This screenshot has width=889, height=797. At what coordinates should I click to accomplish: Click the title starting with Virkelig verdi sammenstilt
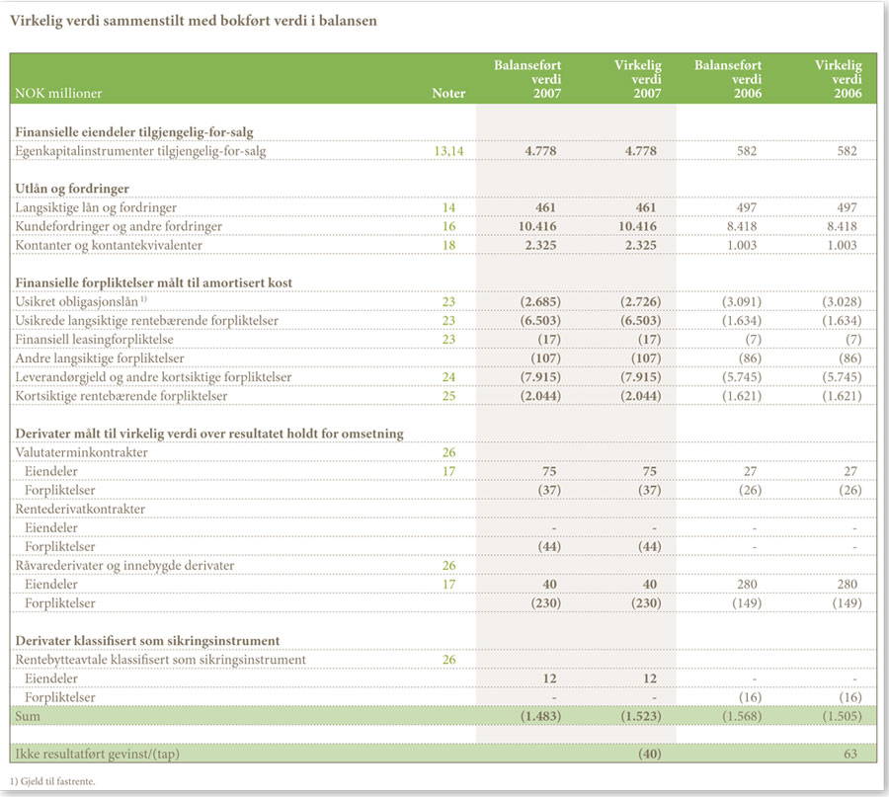coord(194,21)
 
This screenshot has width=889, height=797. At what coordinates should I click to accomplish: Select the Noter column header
coord(448,94)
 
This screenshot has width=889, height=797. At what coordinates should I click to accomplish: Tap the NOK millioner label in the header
coord(58,94)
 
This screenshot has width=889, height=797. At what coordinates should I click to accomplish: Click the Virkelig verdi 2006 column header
coord(838,79)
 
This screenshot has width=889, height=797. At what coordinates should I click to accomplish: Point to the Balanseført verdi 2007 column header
coord(527,79)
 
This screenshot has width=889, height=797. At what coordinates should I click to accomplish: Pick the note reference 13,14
coord(448,151)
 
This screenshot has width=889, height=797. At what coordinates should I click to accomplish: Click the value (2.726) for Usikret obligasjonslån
coord(640,302)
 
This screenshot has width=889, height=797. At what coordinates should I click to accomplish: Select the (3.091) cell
coord(741,302)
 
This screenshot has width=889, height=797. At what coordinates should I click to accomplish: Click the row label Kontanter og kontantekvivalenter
coord(109,246)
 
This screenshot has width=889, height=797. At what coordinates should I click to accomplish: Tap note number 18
coord(448,246)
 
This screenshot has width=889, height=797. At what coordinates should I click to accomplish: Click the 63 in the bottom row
coord(849,754)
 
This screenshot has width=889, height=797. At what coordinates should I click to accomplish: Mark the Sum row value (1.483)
coord(540,716)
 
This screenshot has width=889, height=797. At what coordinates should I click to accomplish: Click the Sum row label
coord(28,716)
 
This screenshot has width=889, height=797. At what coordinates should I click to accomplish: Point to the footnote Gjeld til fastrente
coord(52,782)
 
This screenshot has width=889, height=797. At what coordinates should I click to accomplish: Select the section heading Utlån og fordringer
coord(72,189)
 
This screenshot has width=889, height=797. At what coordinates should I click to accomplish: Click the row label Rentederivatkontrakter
coord(80,509)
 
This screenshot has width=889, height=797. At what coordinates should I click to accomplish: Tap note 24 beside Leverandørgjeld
coord(448,377)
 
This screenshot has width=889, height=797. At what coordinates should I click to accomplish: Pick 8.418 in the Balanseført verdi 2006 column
coord(741,227)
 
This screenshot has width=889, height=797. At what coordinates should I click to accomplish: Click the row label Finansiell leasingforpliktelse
coord(94,340)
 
